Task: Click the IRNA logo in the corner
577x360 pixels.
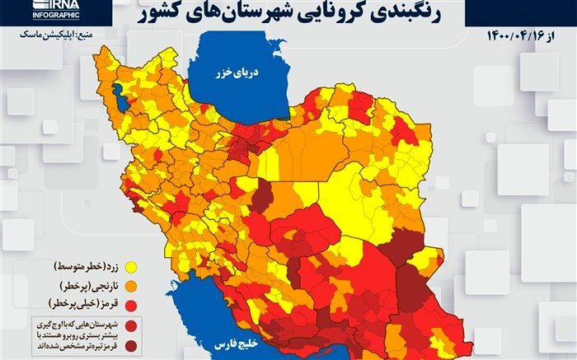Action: (38, 7)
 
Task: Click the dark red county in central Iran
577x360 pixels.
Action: (262, 199)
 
